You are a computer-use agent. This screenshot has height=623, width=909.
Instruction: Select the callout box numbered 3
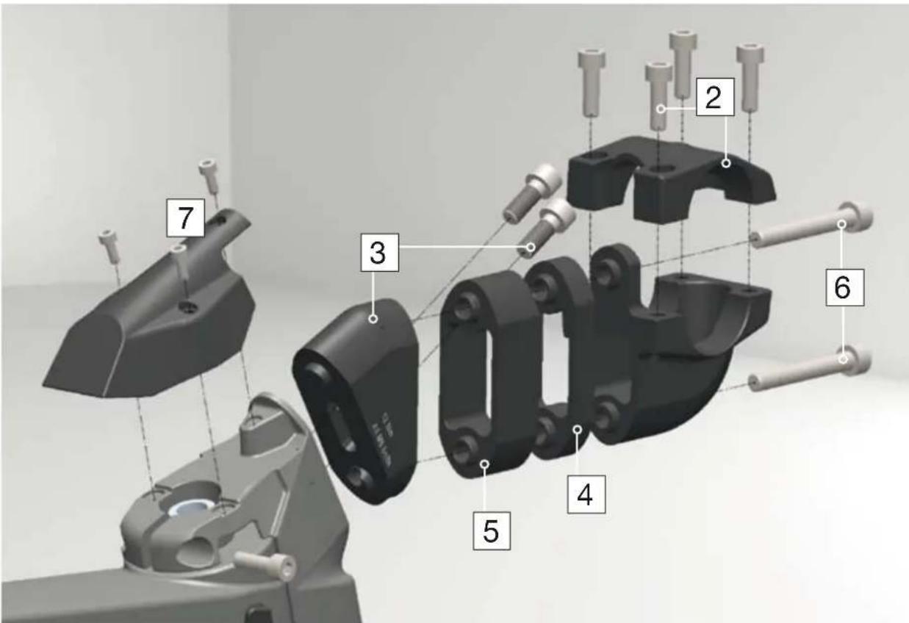[x=377, y=254]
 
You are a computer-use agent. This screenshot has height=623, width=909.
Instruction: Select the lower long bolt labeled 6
[x=808, y=370]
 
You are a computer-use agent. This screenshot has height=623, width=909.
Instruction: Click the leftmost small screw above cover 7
[x=109, y=245]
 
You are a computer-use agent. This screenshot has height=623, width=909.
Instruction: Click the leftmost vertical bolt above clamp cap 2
[x=592, y=81]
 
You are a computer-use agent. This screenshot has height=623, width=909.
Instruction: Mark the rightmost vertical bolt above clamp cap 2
[x=750, y=73]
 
